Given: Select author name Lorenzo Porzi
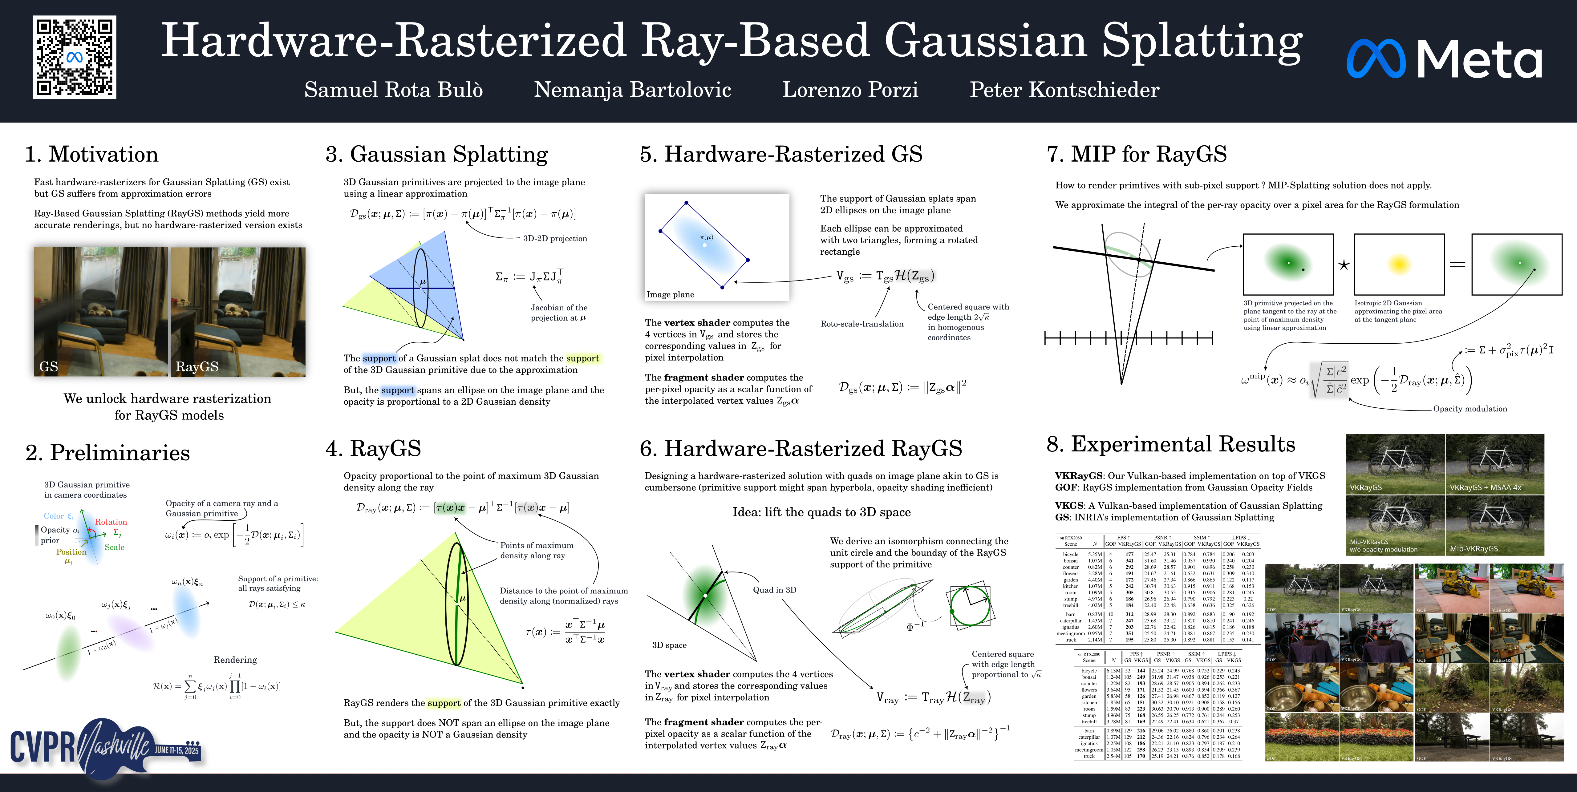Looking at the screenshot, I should (850, 90).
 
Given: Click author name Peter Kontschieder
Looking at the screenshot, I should (1064, 90).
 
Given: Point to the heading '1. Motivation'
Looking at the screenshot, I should (92, 154).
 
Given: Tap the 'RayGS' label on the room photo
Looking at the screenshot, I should (197, 367).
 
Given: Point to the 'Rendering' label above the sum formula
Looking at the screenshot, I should (235, 660).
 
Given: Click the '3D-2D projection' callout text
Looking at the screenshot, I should (555, 239).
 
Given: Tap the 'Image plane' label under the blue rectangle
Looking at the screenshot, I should (670, 294).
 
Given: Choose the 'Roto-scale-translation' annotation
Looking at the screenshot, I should (861, 324).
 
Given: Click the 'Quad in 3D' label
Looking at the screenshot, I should (774, 590).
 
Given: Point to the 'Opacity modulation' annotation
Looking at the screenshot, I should (1470, 409).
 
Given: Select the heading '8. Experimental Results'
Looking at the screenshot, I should (1170, 444).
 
